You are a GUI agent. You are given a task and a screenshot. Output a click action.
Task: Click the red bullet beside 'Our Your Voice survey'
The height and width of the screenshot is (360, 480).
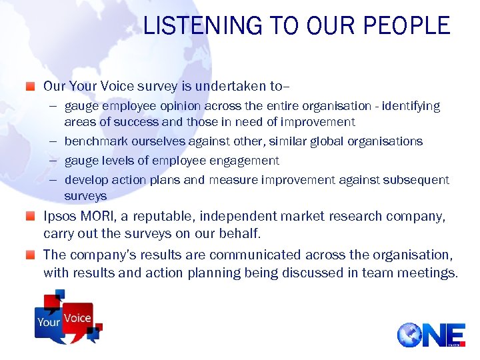tap(31, 86)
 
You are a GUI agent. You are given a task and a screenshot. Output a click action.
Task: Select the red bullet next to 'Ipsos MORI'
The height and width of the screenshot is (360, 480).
tap(31, 216)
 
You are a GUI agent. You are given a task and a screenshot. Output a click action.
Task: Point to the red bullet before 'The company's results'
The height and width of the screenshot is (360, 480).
tap(31, 255)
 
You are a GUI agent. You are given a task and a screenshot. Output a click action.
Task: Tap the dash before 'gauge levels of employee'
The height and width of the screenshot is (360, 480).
tap(54, 161)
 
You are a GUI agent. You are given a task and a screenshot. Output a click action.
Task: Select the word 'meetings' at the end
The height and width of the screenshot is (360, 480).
tap(427, 273)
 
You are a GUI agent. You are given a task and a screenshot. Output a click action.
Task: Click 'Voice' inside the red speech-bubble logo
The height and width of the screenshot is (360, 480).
tap(77, 318)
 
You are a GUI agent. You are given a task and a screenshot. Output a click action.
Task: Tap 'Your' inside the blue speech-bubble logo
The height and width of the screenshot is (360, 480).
tap(49, 322)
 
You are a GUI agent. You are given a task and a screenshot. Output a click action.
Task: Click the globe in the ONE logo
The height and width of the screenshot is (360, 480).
tap(409, 335)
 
